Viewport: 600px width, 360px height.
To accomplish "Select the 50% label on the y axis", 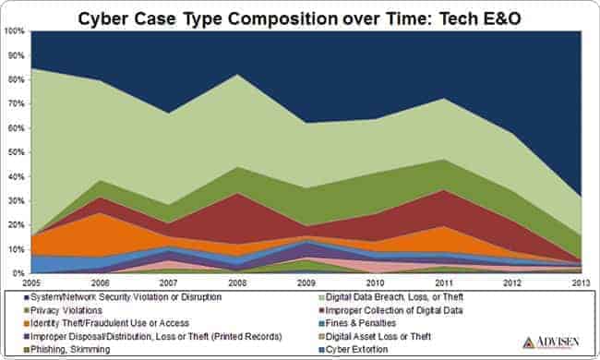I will click(x=16, y=152).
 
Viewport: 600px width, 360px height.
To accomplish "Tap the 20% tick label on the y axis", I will click(x=16, y=225).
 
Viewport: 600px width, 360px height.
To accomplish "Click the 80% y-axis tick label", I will click(x=16, y=79).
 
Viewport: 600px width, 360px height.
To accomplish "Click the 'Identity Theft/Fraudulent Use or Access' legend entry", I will click(x=108, y=323).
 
